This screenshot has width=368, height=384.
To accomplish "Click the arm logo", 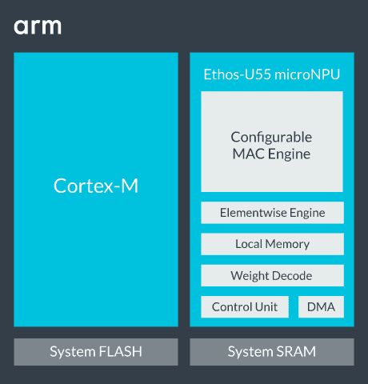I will [x=37, y=27].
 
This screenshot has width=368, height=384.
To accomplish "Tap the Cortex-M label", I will [x=96, y=186].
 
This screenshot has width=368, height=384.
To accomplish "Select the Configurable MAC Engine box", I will [x=272, y=142].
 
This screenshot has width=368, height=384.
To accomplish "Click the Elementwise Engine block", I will [x=272, y=213].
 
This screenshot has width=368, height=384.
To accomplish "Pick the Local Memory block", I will [x=272, y=244].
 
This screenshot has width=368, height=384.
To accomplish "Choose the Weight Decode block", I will [x=272, y=276].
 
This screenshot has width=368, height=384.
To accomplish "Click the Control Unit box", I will [x=245, y=307].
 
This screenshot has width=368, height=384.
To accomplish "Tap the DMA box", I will [x=321, y=307].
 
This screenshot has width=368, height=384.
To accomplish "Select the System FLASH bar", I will [x=96, y=352].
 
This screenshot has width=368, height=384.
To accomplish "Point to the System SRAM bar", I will [x=272, y=352].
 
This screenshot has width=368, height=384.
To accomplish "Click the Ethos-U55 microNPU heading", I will [x=272, y=74].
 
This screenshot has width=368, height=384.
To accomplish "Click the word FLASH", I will [x=122, y=352].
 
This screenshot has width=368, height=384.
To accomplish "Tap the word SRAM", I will [x=296, y=352].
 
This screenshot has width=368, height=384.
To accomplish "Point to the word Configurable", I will [x=272, y=137].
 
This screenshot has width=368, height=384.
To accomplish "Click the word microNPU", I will [x=307, y=74].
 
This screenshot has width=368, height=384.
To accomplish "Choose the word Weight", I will [x=249, y=276].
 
